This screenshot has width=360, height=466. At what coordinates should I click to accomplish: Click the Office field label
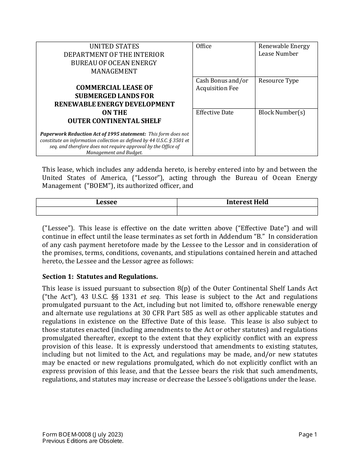(203, 46)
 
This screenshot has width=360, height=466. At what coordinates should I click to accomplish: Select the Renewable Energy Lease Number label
(284, 50)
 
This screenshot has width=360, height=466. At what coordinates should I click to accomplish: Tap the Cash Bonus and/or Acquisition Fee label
(222, 84)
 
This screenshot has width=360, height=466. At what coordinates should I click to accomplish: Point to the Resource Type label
(278, 81)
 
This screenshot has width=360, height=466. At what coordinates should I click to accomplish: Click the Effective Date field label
(214, 113)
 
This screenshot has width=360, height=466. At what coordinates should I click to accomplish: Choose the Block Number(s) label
(282, 113)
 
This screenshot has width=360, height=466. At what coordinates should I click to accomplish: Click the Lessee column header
(106, 202)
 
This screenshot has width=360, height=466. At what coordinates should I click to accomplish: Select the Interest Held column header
(247, 202)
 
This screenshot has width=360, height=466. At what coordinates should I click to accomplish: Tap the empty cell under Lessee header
(106, 211)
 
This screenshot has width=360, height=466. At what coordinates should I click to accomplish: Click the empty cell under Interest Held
(247, 211)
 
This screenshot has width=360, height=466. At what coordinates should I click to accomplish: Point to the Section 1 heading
(100, 277)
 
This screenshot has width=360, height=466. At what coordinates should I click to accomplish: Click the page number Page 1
(307, 435)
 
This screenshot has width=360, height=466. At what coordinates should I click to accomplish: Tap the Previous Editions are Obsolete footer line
(83, 441)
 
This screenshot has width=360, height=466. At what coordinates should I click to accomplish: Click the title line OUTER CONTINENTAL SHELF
(114, 121)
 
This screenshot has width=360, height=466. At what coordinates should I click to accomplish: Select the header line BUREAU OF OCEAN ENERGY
(114, 63)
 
